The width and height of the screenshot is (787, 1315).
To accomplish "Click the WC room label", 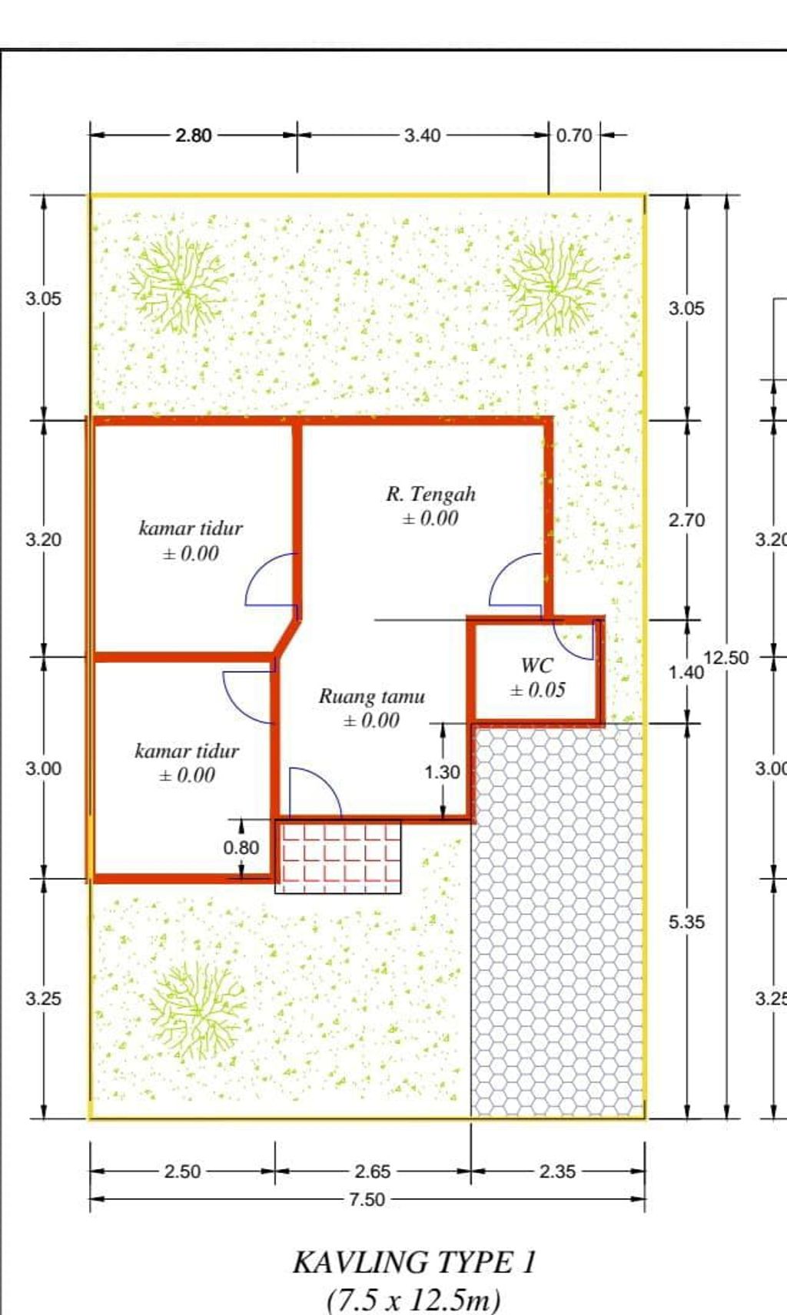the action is point(536,665).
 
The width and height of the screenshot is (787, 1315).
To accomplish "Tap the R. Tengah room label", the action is point(430,495).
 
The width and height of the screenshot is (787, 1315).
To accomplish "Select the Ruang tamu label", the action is point(371,696).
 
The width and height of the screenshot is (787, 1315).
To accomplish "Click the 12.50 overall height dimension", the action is point(726,657).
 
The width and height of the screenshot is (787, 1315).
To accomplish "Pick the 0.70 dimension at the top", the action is point(574,136).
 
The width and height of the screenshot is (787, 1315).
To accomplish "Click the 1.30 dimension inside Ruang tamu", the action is point(442,771).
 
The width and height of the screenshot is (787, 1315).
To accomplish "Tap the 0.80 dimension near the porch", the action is point(241,847).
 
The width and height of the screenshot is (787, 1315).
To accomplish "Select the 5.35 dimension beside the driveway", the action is point(686,922).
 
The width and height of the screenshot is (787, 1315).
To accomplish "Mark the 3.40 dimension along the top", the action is point(422,136).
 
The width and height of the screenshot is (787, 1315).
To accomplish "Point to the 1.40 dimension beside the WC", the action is point(686,672).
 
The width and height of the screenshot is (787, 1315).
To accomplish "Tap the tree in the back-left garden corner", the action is point(178,285).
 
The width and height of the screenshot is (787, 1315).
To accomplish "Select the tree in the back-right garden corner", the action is point(552,287).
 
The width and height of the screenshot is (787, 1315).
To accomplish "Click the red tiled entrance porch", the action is point(338,856).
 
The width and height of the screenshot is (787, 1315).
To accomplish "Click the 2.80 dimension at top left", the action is point(193,136).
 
